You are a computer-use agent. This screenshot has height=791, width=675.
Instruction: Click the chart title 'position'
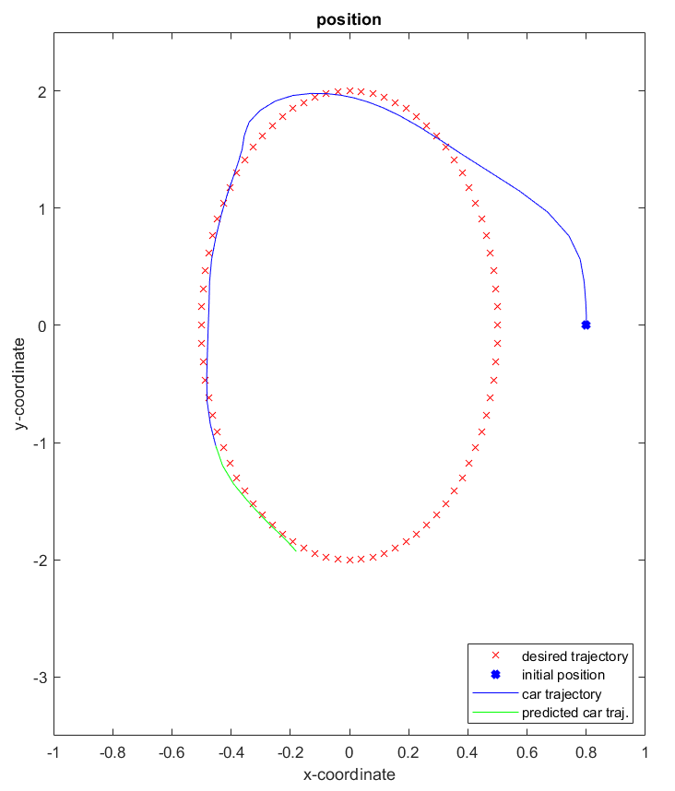click(x=349, y=18)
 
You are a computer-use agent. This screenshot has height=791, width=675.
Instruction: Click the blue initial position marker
click(x=586, y=325)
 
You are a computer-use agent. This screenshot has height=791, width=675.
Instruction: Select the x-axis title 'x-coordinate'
click(x=349, y=774)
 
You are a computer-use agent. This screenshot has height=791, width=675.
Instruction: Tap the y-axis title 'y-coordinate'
click(x=19, y=384)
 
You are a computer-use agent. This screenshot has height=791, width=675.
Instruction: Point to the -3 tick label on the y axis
click(x=40, y=678)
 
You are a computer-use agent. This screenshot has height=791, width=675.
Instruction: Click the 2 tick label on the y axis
click(x=42, y=91)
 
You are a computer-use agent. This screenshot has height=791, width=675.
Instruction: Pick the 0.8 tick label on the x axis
click(x=586, y=752)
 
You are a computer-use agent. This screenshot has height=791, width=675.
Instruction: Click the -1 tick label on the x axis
click(x=53, y=752)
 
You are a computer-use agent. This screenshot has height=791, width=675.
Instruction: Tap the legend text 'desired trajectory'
click(x=574, y=657)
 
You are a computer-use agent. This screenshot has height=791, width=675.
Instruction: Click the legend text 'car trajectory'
click(x=561, y=694)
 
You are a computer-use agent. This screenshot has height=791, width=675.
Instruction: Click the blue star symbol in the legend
click(x=493, y=676)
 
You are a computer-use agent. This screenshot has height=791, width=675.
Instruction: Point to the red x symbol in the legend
click(x=493, y=657)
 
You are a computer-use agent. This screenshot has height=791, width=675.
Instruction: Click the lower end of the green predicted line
click(x=295, y=550)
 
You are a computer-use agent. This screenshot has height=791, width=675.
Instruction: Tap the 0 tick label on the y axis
click(x=42, y=325)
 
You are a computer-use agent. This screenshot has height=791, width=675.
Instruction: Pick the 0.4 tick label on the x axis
click(x=468, y=752)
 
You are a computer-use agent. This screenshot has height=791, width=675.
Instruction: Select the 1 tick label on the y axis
click(x=42, y=208)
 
